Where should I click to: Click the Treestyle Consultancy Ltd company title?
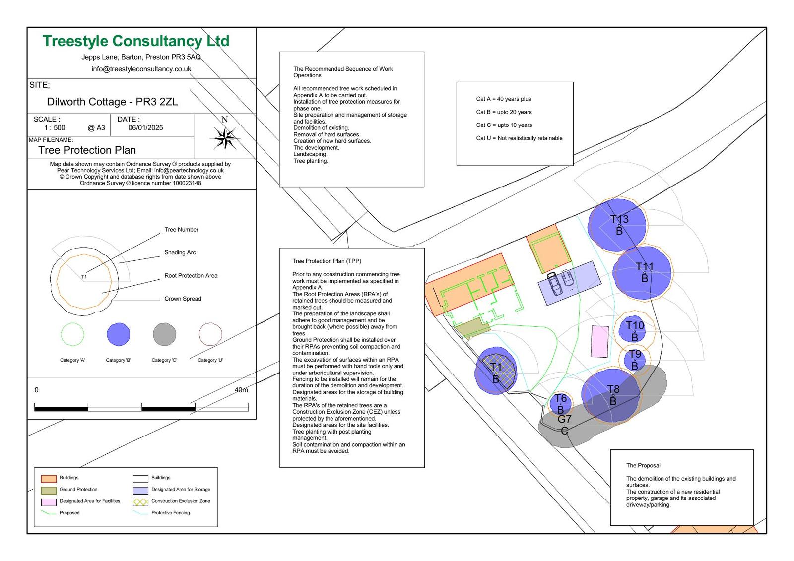point(136,41)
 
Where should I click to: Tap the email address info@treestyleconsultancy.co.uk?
point(141,69)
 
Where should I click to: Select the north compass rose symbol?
point(225,137)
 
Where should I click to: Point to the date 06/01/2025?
point(145,128)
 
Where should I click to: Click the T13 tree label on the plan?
point(619,219)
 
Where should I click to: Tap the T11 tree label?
point(645,267)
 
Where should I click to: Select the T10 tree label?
point(635,326)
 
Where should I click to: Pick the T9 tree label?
point(635,354)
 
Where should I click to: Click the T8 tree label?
point(613,389)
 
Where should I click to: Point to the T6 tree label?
point(560,398)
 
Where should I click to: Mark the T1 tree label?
point(496,367)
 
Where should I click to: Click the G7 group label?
point(565,419)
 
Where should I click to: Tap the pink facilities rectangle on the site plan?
point(600,341)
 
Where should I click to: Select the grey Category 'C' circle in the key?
point(165,334)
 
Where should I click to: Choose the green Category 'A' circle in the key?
point(72,334)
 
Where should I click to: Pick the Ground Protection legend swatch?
point(49,490)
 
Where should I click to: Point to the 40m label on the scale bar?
point(241,390)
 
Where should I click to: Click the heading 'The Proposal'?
point(643,466)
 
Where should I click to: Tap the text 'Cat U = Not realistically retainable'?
point(519,138)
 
